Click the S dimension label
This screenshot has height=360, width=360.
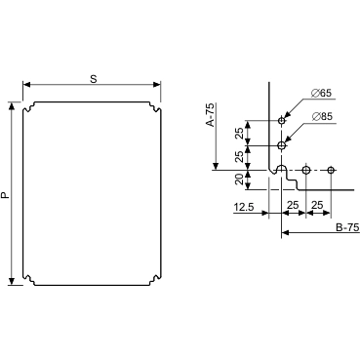94,79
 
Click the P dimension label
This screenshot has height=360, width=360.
6,194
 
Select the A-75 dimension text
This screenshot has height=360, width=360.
211,115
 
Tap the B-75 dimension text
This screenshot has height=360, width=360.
347,227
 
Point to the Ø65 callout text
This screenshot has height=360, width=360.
321,94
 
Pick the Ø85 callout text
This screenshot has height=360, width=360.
322,116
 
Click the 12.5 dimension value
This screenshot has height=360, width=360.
244,207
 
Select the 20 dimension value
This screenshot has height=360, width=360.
239,180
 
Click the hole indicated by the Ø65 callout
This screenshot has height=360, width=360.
282,121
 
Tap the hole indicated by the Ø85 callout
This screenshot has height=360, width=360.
282,145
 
